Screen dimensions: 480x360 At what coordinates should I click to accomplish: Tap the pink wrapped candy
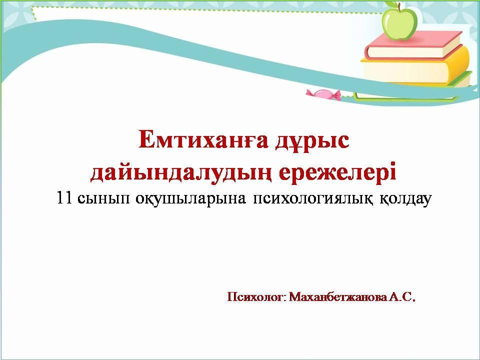pyautogui.click(x=323, y=94)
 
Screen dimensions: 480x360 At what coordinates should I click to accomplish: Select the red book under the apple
pyautogui.click(x=413, y=45)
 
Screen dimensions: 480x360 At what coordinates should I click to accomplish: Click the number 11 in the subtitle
pyautogui.click(x=64, y=198)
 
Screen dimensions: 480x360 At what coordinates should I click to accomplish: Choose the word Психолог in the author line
pyautogui.click(x=256, y=297)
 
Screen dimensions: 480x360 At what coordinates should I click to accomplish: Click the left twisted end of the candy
pyautogui.click(x=310, y=92)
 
